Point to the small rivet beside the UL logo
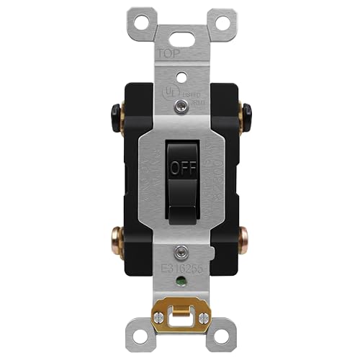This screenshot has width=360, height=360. click(x=179, y=107)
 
